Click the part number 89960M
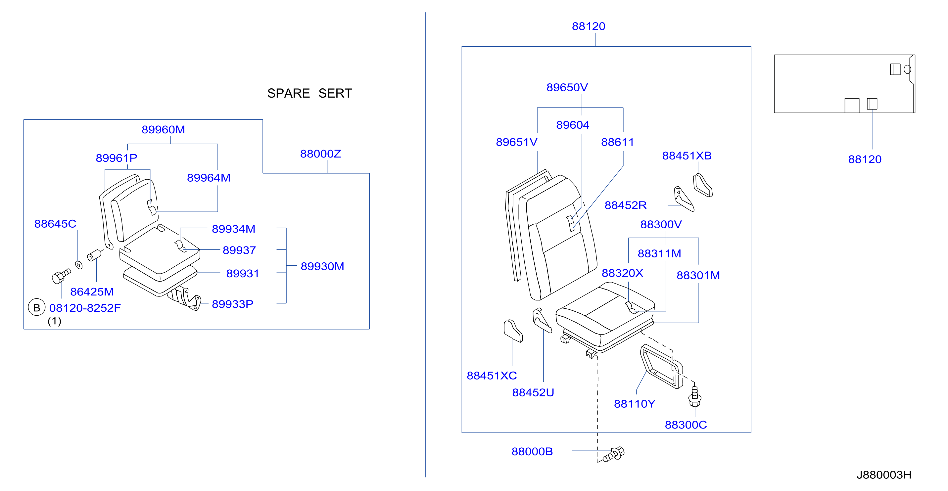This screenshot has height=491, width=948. (x=163, y=129)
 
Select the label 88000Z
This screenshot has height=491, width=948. (x=320, y=154)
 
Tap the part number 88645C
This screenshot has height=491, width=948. (x=55, y=224)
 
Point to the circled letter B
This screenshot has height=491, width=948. (x=36, y=307)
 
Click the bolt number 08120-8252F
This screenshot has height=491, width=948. (x=85, y=308)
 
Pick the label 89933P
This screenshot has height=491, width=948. (x=233, y=304)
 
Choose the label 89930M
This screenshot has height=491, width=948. (x=322, y=266)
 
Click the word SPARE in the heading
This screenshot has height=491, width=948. (x=289, y=93)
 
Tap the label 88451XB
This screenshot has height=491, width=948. (x=687, y=156)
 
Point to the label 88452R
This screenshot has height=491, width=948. (x=626, y=205)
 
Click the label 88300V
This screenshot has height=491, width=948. (x=661, y=224)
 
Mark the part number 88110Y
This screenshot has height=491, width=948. (x=635, y=404)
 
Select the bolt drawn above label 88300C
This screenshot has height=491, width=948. (x=694, y=396)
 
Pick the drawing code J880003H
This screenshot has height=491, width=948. (x=884, y=475)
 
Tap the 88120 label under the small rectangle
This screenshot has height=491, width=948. (x=865, y=159)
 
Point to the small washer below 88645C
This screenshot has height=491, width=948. (x=79, y=265)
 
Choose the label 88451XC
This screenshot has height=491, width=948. (x=492, y=376)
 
